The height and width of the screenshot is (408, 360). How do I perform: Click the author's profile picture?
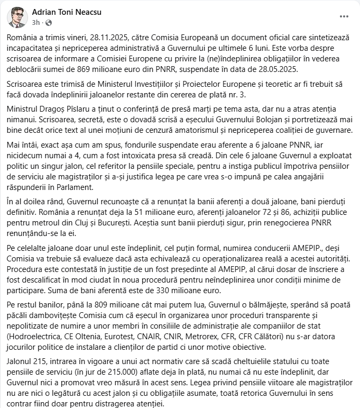coord(17,17)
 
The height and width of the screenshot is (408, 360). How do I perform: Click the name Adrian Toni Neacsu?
coord(66,12)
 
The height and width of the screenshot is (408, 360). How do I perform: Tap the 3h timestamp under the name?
coord(35,23)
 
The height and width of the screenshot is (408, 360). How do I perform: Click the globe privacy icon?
coord(49,23)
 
